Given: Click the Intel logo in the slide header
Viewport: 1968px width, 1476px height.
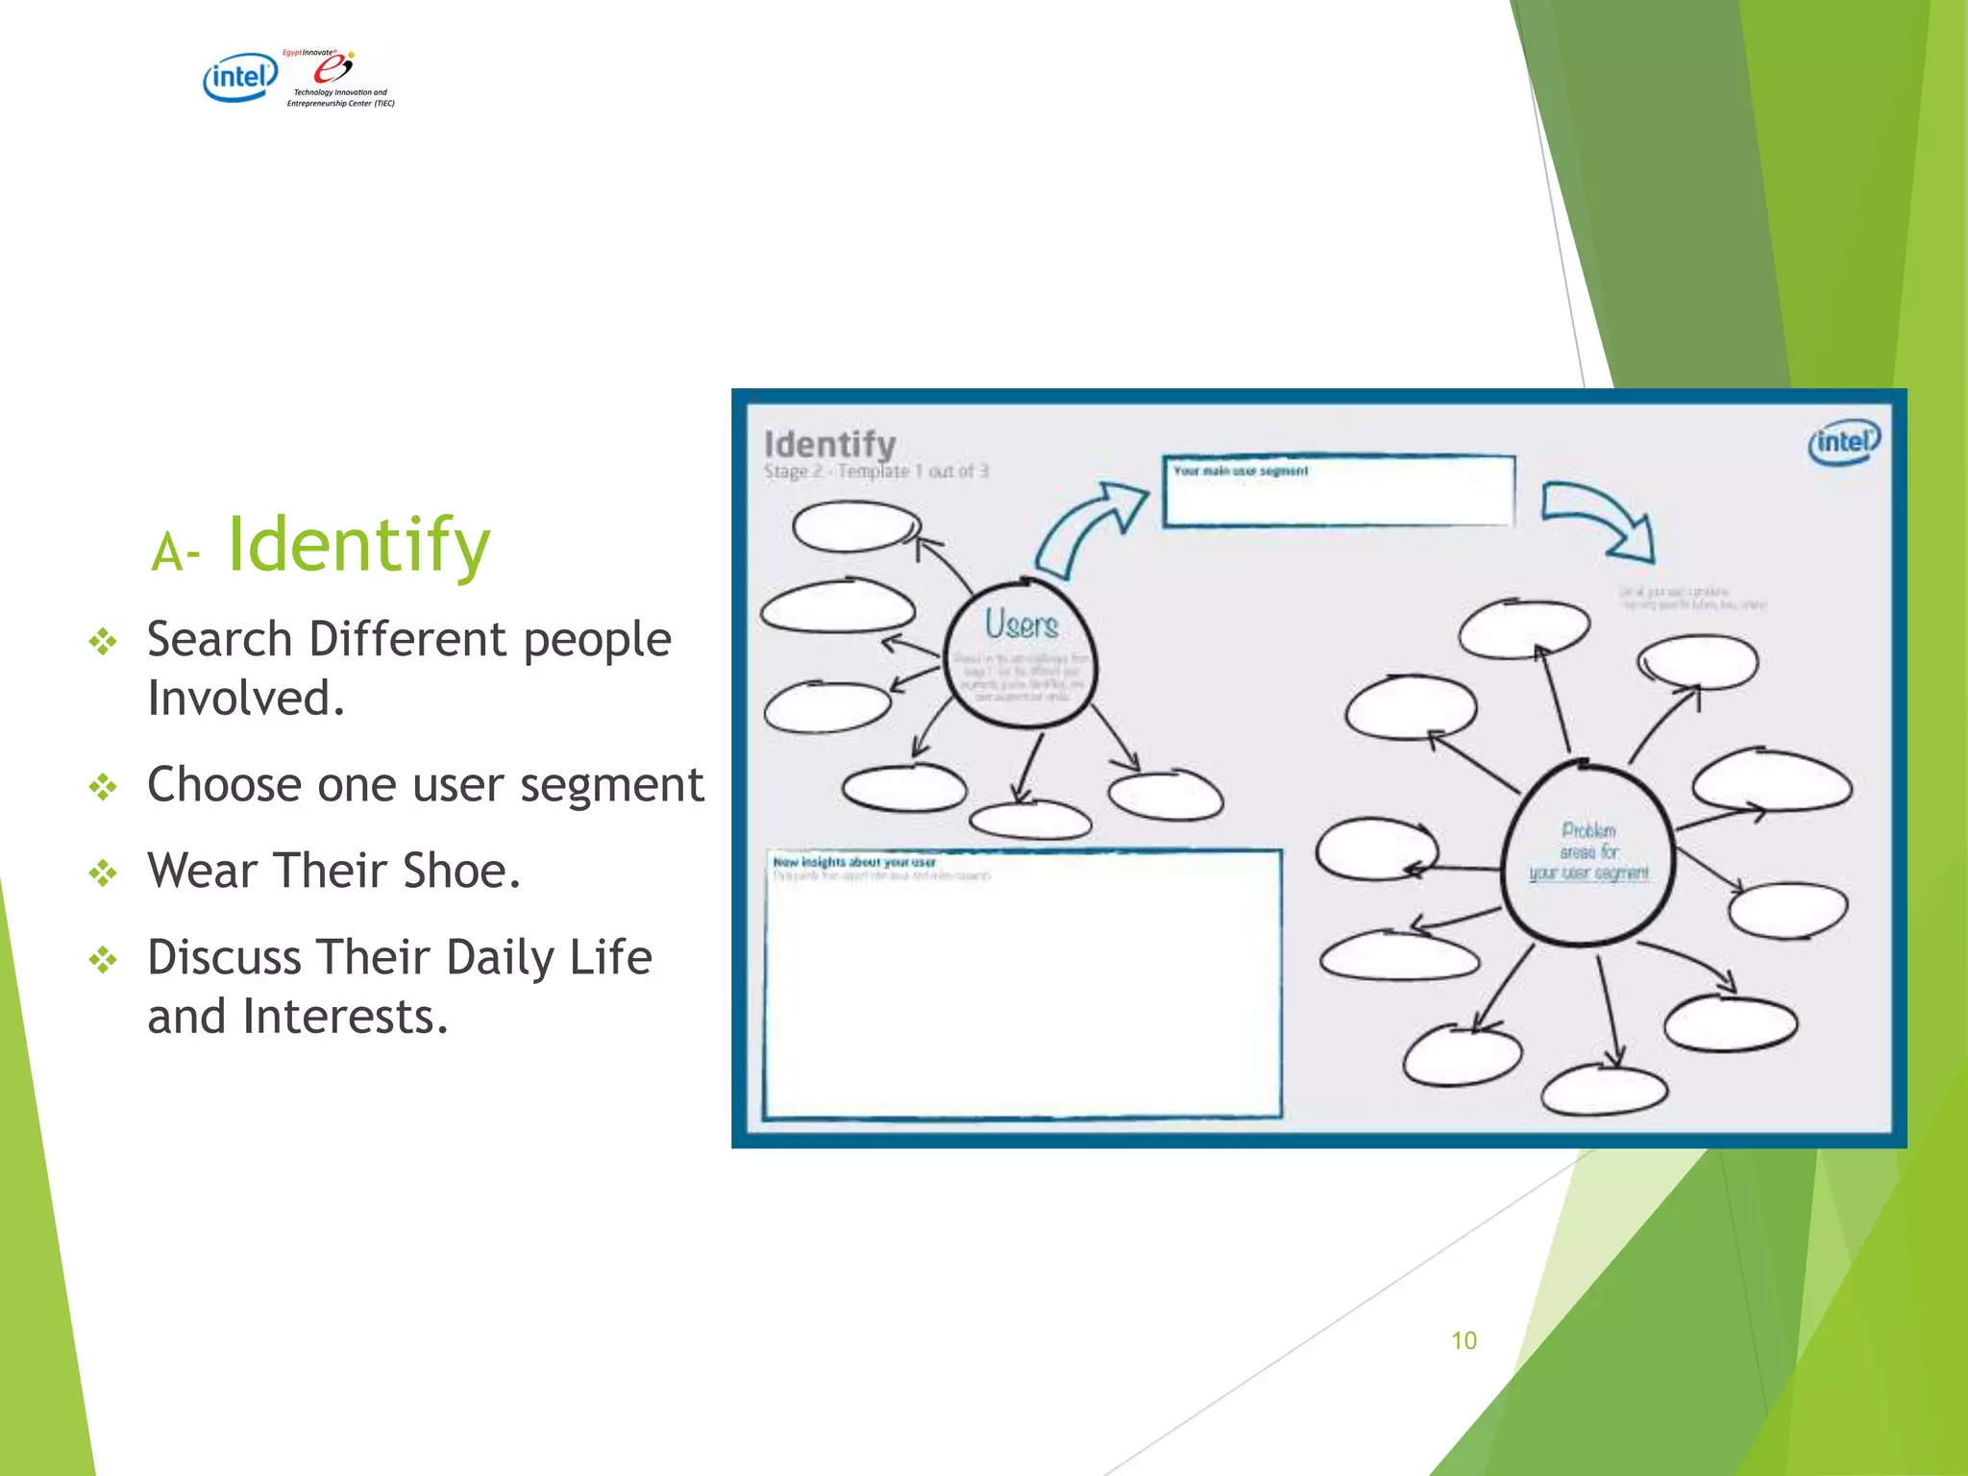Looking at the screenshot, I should click(x=239, y=77).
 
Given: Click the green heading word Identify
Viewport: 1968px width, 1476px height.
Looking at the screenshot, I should click(x=358, y=545).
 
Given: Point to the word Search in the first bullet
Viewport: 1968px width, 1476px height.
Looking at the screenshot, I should click(x=219, y=640).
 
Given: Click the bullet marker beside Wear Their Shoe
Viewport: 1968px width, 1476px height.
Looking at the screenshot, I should click(x=103, y=873).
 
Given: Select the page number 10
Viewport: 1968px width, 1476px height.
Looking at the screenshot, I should click(x=1464, y=1341).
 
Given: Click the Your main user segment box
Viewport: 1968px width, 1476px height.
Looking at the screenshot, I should click(x=1338, y=492).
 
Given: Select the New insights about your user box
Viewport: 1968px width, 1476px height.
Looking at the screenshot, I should click(x=1022, y=985).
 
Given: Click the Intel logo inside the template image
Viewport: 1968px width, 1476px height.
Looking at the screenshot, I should click(x=1843, y=442).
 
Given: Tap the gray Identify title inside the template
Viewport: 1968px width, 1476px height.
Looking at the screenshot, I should click(x=829, y=444).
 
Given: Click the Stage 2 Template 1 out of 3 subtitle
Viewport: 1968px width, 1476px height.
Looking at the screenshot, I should click(x=875, y=472).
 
